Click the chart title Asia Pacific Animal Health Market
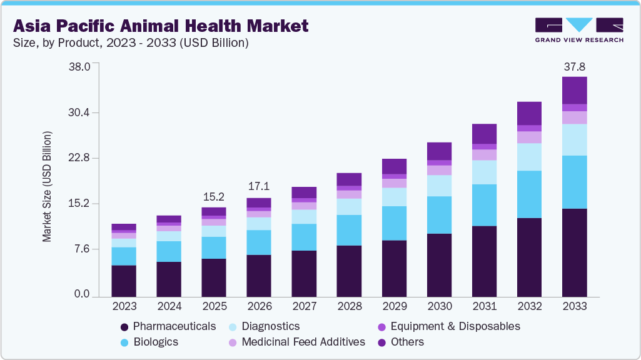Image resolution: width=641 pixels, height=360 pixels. [x=161, y=26]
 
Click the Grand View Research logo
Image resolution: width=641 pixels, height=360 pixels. [x=578, y=30]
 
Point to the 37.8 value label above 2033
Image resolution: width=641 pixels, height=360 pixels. [x=574, y=66]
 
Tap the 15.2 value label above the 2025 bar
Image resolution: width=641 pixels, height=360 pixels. [x=214, y=196]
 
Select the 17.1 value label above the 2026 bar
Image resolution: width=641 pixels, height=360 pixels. [x=259, y=187]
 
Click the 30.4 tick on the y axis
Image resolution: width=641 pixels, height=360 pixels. [x=79, y=112]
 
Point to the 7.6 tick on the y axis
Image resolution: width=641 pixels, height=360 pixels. [x=83, y=249]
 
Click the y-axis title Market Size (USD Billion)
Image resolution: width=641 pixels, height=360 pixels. [x=47, y=187]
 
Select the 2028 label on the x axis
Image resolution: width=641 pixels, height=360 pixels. [x=349, y=306]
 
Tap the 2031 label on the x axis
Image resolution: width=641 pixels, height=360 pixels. [x=484, y=306]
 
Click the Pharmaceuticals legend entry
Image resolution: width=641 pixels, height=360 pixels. [x=168, y=326]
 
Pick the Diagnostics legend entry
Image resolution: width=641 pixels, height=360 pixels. [x=263, y=326]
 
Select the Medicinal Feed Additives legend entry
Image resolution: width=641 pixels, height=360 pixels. [x=296, y=342]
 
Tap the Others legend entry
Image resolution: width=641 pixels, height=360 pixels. [x=400, y=342]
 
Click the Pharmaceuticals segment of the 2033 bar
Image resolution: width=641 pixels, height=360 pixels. [x=574, y=252]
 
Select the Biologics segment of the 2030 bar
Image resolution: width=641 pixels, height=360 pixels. [x=439, y=215]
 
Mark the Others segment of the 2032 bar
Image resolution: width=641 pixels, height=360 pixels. [x=529, y=113]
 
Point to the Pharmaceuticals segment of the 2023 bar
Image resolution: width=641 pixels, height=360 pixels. [x=124, y=281]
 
